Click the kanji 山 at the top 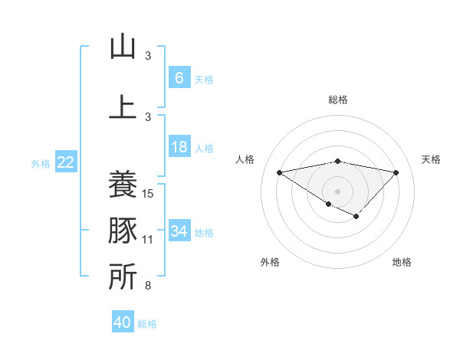123,47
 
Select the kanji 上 123,106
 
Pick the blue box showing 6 179,77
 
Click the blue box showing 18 179,147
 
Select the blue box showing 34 179,231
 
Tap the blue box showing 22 66,162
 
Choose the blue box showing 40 123,322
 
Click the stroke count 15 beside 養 149,194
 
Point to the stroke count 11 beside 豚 149,240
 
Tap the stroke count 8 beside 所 148,286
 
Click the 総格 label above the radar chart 337,100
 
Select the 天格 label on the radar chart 432,159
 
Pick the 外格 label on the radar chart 270,262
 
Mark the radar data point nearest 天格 396,172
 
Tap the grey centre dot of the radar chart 337,190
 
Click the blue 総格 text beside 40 147,324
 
